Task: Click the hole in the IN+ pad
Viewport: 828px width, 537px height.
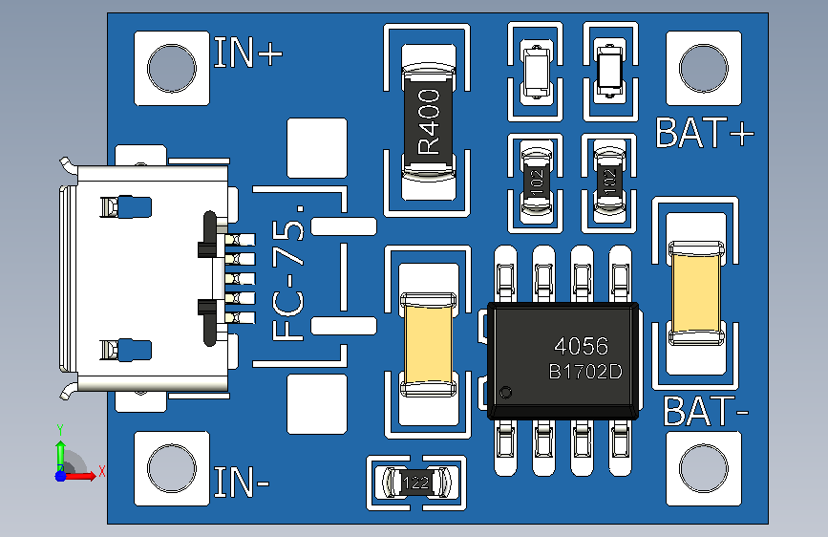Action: (x=172, y=68)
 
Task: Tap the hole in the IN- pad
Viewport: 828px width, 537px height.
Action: (x=172, y=468)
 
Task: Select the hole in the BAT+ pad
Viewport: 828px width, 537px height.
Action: (x=704, y=68)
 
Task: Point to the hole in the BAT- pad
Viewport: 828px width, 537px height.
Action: (x=704, y=468)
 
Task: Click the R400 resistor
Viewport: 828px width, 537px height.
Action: (x=429, y=121)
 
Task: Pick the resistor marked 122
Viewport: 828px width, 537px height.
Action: (x=416, y=482)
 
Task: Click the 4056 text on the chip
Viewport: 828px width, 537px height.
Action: (x=581, y=347)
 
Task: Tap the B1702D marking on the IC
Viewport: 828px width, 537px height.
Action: (x=585, y=372)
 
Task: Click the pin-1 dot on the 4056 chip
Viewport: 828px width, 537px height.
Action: (x=505, y=393)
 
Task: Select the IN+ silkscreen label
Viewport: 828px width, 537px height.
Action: (x=248, y=53)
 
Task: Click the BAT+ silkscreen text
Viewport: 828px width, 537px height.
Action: (x=705, y=133)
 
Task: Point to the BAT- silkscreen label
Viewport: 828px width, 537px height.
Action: (x=706, y=411)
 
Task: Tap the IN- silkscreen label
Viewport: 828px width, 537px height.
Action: (x=242, y=482)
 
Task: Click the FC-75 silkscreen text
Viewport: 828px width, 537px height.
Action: (x=288, y=273)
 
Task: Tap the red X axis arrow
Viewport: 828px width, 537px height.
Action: (x=79, y=476)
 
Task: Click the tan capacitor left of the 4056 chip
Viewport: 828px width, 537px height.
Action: (x=428, y=344)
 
